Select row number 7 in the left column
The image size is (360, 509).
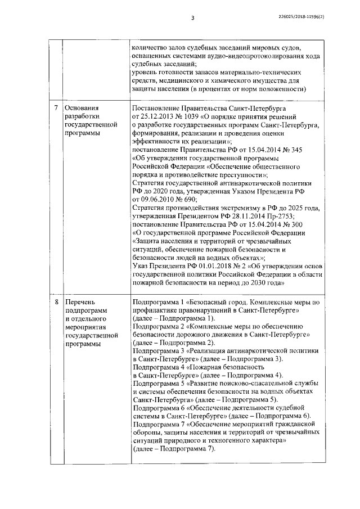(55, 107)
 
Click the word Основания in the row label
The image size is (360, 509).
(82, 107)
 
